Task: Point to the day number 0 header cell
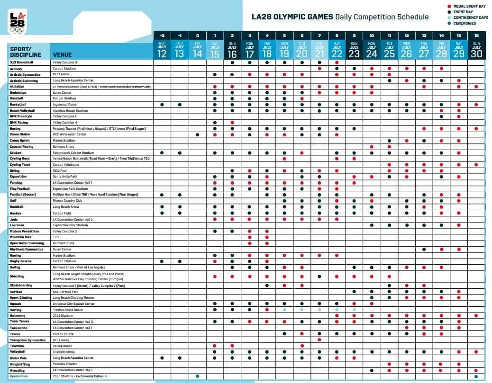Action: [197, 36]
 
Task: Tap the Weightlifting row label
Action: [20, 364]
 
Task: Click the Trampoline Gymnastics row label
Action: [27, 340]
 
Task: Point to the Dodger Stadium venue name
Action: [64, 98]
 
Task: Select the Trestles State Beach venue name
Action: [68, 310]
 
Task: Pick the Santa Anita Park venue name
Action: [65, 176]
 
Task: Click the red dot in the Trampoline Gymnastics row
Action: [319, 340]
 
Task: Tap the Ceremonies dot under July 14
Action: [197, 376]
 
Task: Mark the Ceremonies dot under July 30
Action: [476, 376]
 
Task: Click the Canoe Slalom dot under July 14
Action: [197, 134]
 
